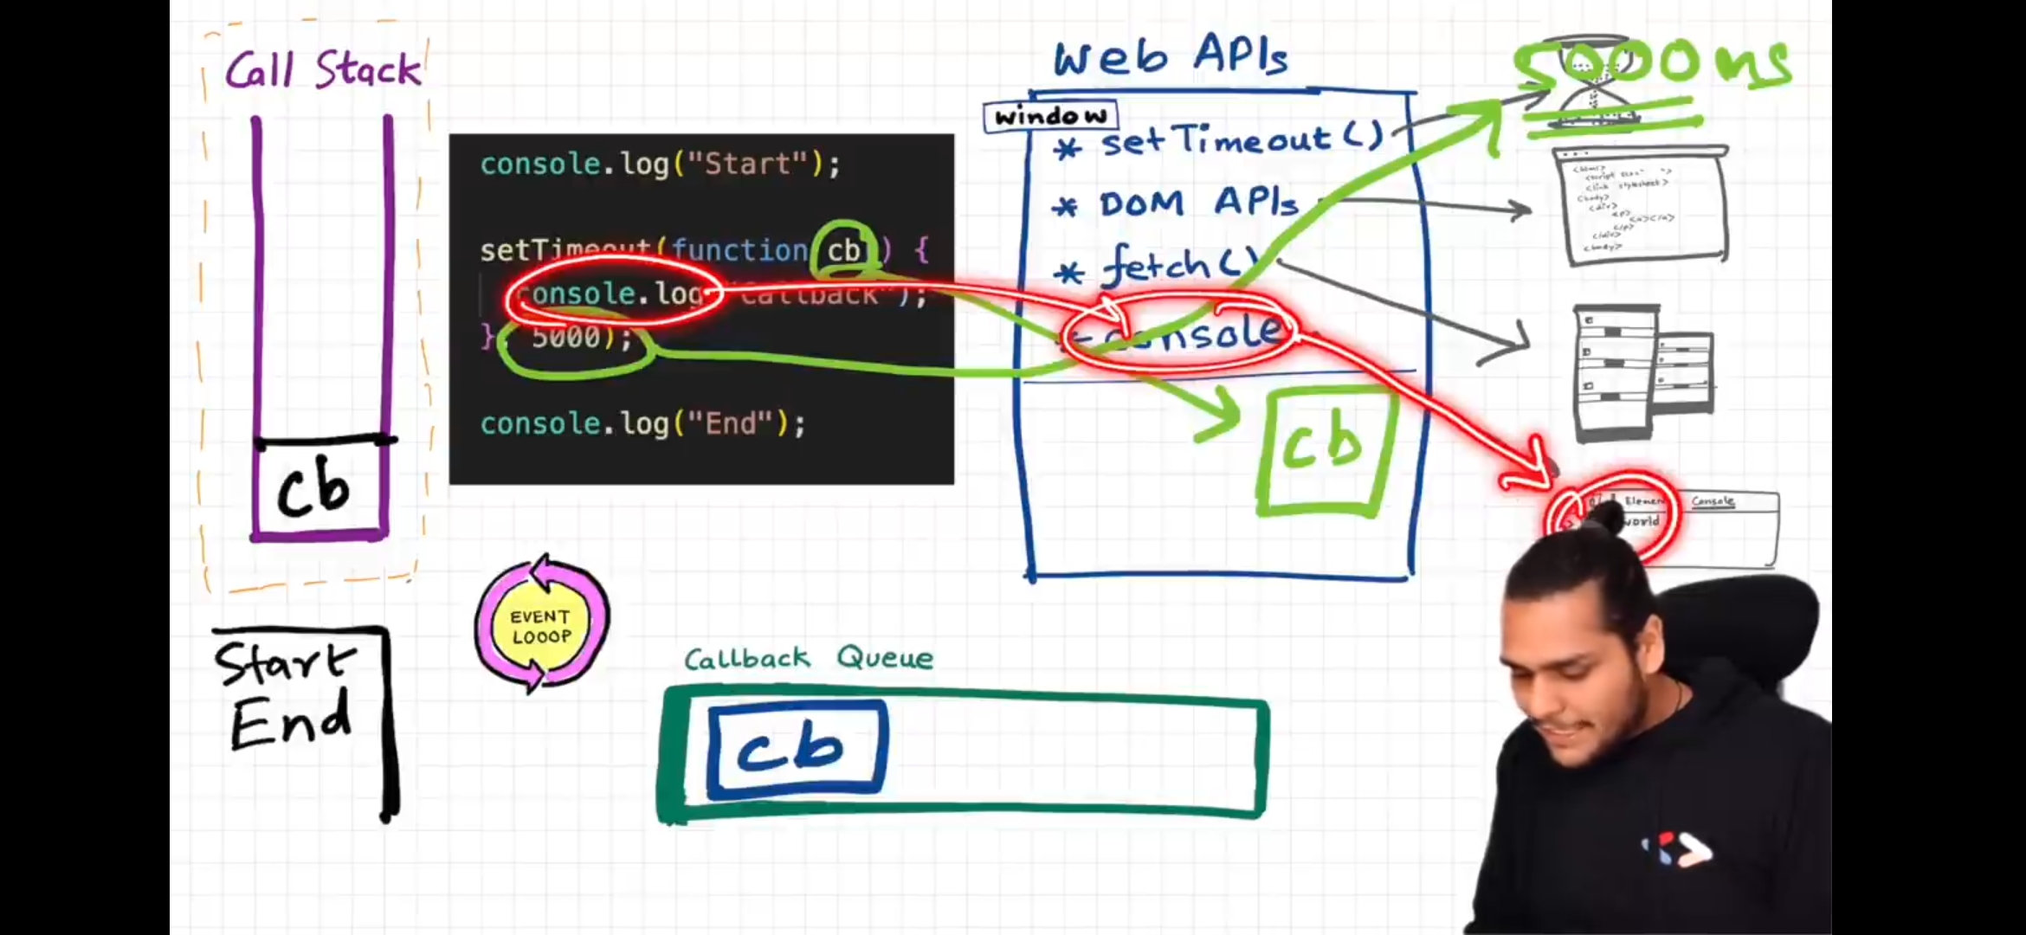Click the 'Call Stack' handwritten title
(x=323, y=69)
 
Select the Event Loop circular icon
(x=542, y=624)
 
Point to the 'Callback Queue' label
(x=809, y=658)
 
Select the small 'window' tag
(x=1050, y=116)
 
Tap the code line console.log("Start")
(x=660, y=164)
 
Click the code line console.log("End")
(x=642, y=423)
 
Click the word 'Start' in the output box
(x=284, y=663)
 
